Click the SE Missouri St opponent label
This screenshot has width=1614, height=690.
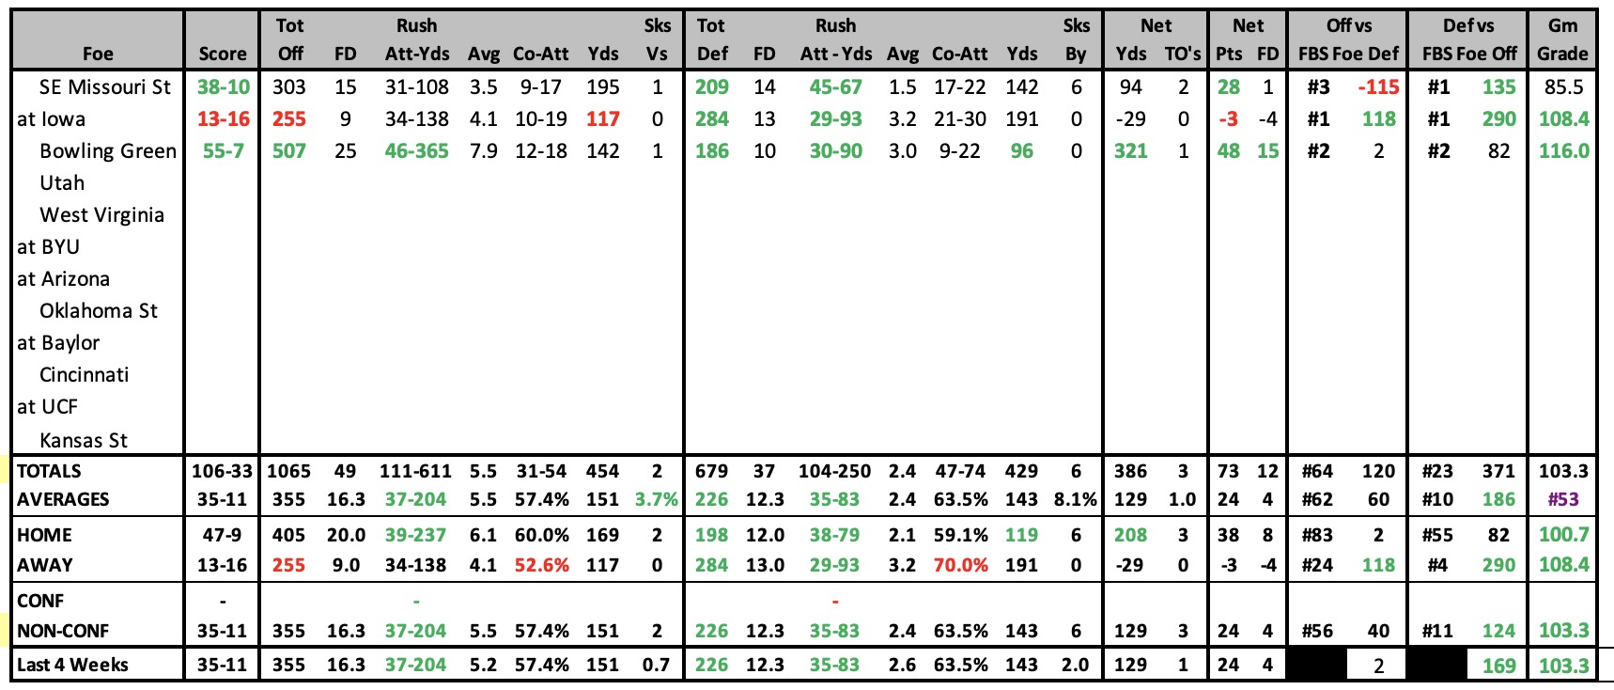(x=105, y=87)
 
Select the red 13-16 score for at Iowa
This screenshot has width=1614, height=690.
(x=224, y=119)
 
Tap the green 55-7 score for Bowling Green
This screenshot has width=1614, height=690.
(x=224, y=151)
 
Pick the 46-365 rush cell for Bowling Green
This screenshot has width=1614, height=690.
(x=417, y=151)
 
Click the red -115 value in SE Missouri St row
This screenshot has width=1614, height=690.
(x=1378, y=87)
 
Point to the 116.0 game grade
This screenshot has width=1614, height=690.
(x=1564, y=151)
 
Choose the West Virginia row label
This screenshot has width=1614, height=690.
(x=101, y=215)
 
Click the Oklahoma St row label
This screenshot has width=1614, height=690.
(x=99, y=311)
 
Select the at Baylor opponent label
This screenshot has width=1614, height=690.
(x=58, y=343)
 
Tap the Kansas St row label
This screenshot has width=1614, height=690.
(x=84, y=441)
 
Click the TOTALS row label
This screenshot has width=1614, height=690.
(x=49, y=471)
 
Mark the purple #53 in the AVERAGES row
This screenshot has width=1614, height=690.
(x=1564, y=499)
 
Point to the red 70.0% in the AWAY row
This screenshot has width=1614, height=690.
(x=960, y=565)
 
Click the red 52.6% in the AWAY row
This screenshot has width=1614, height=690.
(x=541, y=565)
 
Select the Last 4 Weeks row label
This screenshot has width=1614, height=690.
(x=72, y=665)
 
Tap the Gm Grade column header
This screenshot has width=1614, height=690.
(x=1563, y=39)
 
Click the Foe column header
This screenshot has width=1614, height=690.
(x=98, y=54)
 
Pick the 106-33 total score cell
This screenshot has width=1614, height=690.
(x=223, y=471)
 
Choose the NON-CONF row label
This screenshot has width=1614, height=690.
(x=63, y=631)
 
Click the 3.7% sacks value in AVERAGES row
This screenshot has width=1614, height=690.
(x=657, y=499)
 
